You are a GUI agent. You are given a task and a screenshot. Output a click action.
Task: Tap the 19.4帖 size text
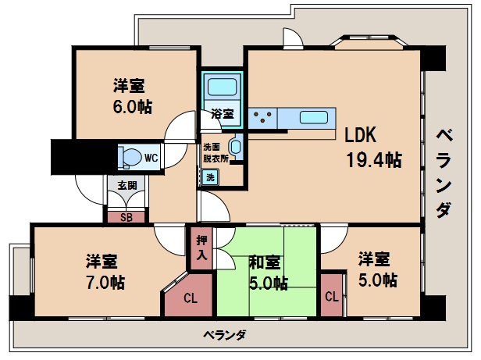tap(374, 161)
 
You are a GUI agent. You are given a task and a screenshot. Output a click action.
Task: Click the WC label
tap(151, 158)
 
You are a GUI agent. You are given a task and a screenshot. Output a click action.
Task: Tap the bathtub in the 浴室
tap(223, 88)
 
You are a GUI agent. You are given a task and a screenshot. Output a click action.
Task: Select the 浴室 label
tap(223, 114)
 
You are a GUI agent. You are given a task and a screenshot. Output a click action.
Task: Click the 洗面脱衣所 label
tap(215, 151)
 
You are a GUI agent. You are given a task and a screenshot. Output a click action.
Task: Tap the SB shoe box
tap(126, 217)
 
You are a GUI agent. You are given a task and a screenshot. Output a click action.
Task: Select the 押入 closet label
tap(201, 248)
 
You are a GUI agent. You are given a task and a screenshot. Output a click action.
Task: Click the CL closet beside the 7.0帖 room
tap(190, 298)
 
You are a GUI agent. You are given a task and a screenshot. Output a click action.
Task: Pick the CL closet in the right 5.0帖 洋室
tap(331, 296)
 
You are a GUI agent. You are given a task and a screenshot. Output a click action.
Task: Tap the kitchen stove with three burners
tap(263, 118)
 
